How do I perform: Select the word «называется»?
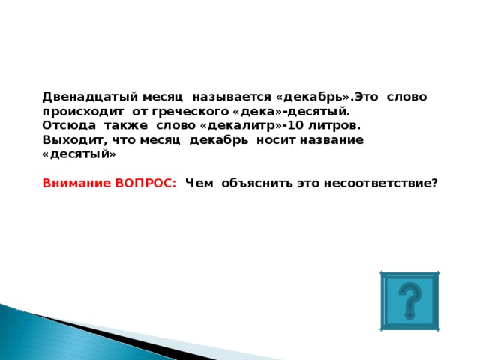[x=232, y=97]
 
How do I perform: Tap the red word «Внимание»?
[x=76, y=183]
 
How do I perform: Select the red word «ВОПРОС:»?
[x=145, y=183]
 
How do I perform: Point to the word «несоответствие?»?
[x=380, y=183]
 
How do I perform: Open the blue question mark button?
[x=409, y=300]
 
